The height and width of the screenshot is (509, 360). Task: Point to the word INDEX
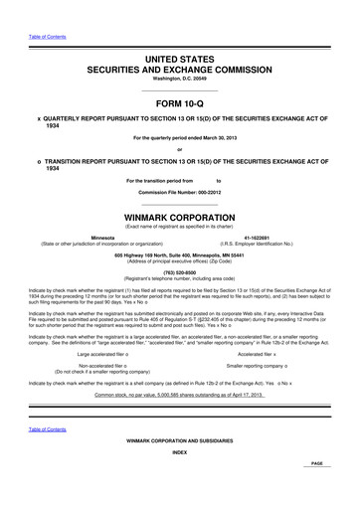click(x=180, y=481)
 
